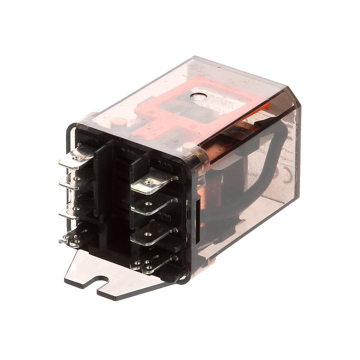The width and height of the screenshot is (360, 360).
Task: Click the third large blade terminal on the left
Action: [73, 210]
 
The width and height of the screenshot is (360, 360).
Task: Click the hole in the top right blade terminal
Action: [146, 182]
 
